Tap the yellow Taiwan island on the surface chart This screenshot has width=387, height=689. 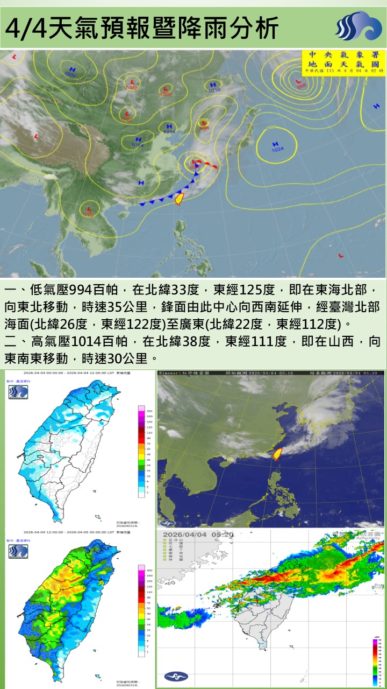click(180, 199)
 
